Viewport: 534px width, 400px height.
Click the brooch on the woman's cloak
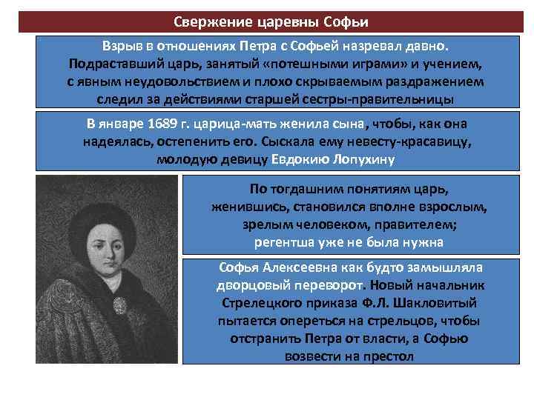click(x=119, y=303)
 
